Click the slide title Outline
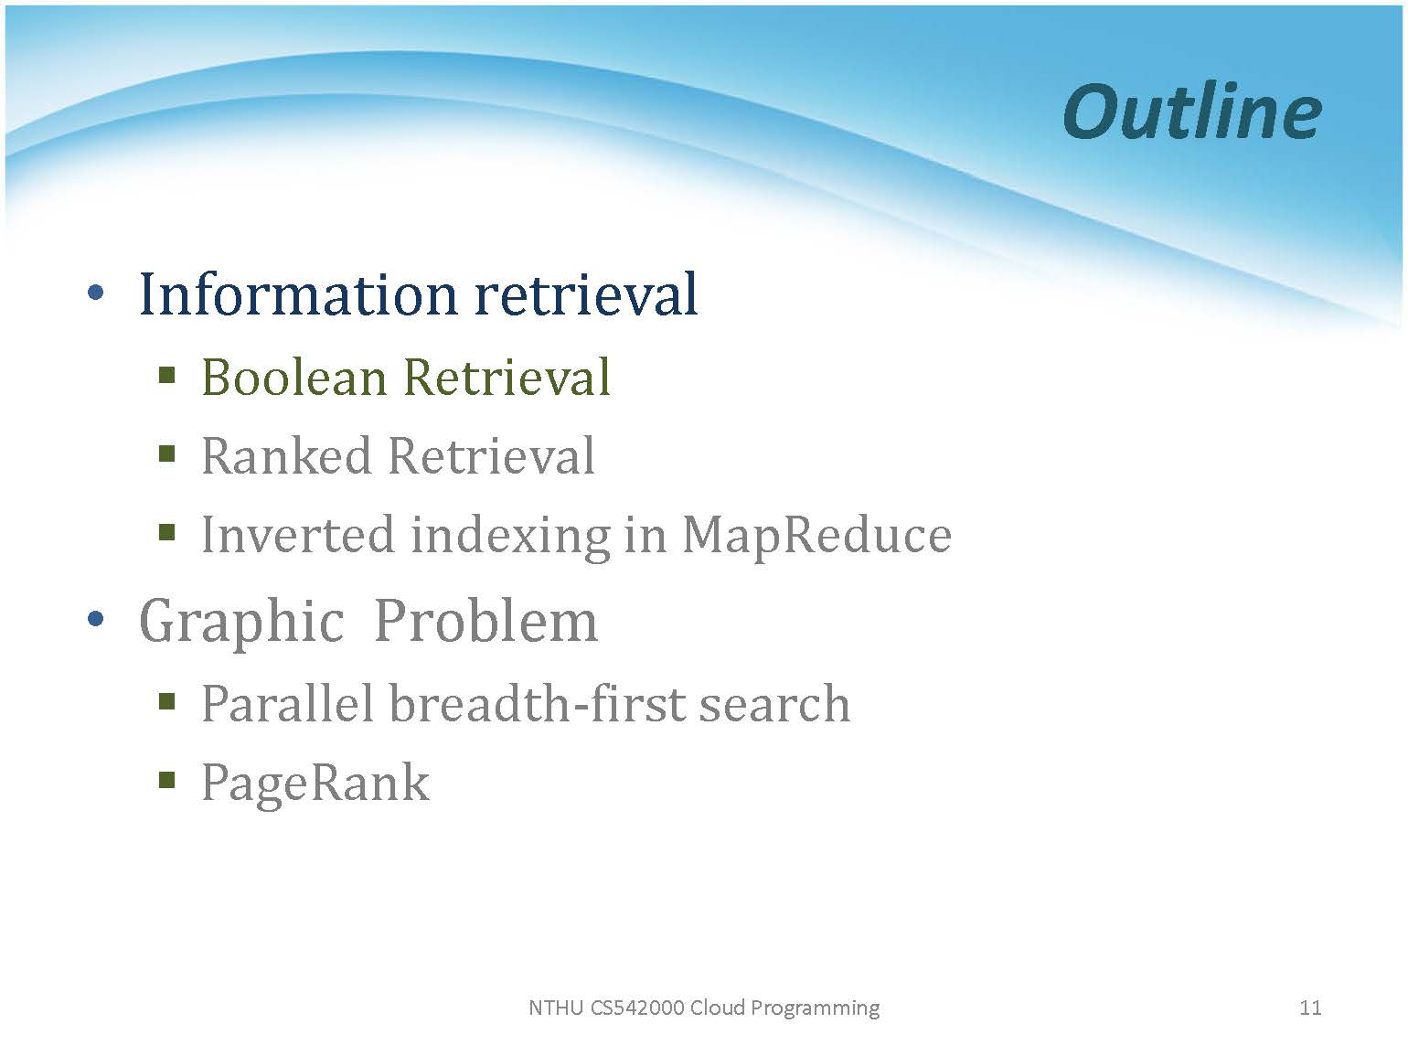click(1192, 112)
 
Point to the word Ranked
click(286, 456)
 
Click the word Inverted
click(298, 534)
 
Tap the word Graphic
click(241, 622)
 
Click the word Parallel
click(287, 703)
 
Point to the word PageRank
click(315, 784)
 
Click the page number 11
click(1310, 1008)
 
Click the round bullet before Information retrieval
click(96, 293)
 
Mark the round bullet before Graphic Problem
click(96, 619)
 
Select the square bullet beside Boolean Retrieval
click(166, 375)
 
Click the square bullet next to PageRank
click(166, 780)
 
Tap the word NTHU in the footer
click(556, 1008)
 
